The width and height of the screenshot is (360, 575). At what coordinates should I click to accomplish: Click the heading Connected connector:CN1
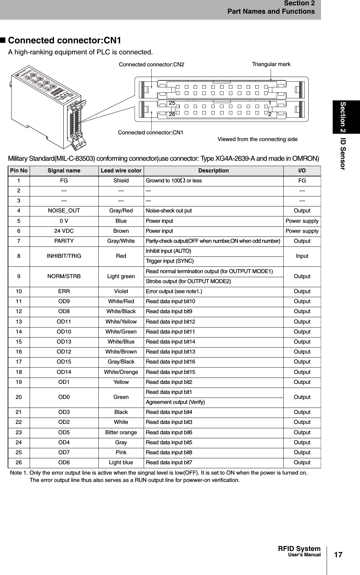64,40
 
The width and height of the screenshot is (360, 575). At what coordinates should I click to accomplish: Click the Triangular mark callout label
271,64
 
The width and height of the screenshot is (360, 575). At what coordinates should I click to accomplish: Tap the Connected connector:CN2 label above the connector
151,64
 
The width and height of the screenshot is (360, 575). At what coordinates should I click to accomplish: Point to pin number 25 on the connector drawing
172,103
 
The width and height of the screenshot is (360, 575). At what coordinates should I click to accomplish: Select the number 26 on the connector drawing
172,114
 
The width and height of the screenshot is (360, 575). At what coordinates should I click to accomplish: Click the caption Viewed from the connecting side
257,139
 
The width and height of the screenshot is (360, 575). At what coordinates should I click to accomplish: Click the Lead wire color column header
121,170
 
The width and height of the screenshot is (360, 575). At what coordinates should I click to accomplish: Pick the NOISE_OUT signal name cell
64,211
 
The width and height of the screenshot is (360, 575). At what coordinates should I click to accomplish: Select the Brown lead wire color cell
121,231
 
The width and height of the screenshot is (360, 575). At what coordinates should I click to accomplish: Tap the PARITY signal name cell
64,241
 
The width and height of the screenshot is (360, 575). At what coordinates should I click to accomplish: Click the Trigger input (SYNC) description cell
170,261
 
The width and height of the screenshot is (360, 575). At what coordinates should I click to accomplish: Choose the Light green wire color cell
121,276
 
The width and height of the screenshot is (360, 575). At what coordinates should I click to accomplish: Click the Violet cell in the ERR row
121,291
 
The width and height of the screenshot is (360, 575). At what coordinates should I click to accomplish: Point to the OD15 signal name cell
64,362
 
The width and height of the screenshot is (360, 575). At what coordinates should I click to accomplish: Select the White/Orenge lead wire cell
121,372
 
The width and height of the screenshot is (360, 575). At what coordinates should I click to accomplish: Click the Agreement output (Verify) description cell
175,402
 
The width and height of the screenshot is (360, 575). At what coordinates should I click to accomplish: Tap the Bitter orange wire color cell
121,432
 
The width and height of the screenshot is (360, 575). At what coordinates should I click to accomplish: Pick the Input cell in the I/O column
302,256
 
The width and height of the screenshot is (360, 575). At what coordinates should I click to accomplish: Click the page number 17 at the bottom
338,555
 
